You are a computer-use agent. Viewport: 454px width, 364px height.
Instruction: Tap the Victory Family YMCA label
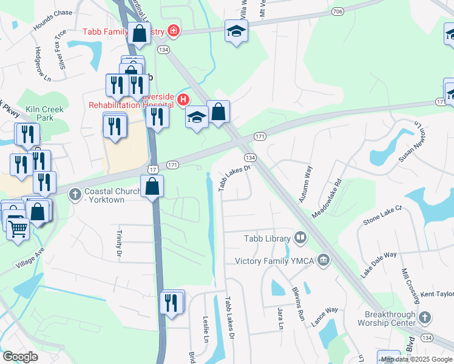coord(276,261)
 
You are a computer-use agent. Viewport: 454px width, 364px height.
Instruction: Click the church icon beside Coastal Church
coord(75,194)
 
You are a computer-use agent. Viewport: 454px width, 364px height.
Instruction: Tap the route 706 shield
coord(338,11)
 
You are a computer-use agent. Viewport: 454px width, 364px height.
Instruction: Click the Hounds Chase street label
coord(53,21)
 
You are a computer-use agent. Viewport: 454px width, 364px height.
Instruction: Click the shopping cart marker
coord(18,229)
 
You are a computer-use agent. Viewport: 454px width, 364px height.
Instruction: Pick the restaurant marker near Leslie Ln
coord(172,302)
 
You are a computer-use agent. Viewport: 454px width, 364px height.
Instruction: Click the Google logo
coord(21,357)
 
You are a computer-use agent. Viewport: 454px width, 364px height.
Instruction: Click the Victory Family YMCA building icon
coord(324,260)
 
